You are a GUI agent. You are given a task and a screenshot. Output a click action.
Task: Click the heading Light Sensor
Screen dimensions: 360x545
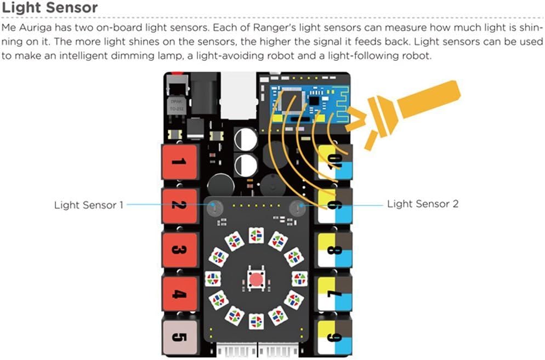point(50,8)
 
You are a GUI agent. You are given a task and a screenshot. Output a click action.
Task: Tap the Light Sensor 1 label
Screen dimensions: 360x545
point(89,205)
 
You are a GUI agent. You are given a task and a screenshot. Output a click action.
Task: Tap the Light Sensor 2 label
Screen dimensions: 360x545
point(422,204)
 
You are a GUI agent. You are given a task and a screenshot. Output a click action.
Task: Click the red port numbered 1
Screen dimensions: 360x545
point(178,162)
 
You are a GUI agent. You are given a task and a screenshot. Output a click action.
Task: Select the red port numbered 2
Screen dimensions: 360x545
point(178,206)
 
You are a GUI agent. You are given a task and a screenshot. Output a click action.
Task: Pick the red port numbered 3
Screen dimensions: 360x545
point(178,250)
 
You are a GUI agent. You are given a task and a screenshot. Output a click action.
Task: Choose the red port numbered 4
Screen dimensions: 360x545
point(178,294)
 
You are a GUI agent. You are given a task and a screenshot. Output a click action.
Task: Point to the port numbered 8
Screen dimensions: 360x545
point(335,250)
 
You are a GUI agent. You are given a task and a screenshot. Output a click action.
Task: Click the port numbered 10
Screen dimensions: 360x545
point(335,162)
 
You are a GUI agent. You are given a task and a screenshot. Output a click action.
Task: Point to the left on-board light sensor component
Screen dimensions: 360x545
point(214,207)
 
